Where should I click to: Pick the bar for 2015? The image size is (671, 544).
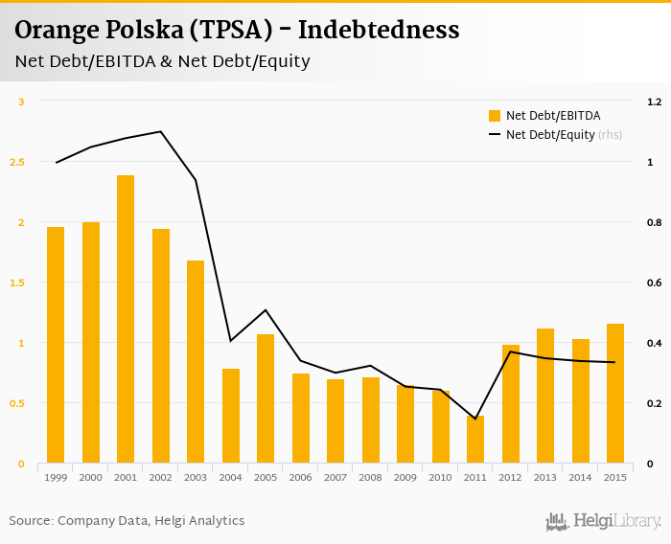pos(615,394)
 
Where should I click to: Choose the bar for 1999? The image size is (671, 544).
pos(56,345)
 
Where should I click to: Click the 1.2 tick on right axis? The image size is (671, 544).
pos(655,102)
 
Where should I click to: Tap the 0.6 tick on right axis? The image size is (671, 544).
pos(655,283)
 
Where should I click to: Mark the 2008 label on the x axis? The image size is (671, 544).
pos(371,477)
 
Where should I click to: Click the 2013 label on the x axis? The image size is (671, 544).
pos(545,477)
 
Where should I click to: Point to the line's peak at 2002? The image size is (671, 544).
pos(161,131)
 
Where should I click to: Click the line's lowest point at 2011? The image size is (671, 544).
pos(475,419)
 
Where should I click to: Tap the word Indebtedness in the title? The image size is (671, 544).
pos(379,31)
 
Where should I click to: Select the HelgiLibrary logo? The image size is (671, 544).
pos(604,521)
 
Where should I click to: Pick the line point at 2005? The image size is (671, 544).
pos(266,310)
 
